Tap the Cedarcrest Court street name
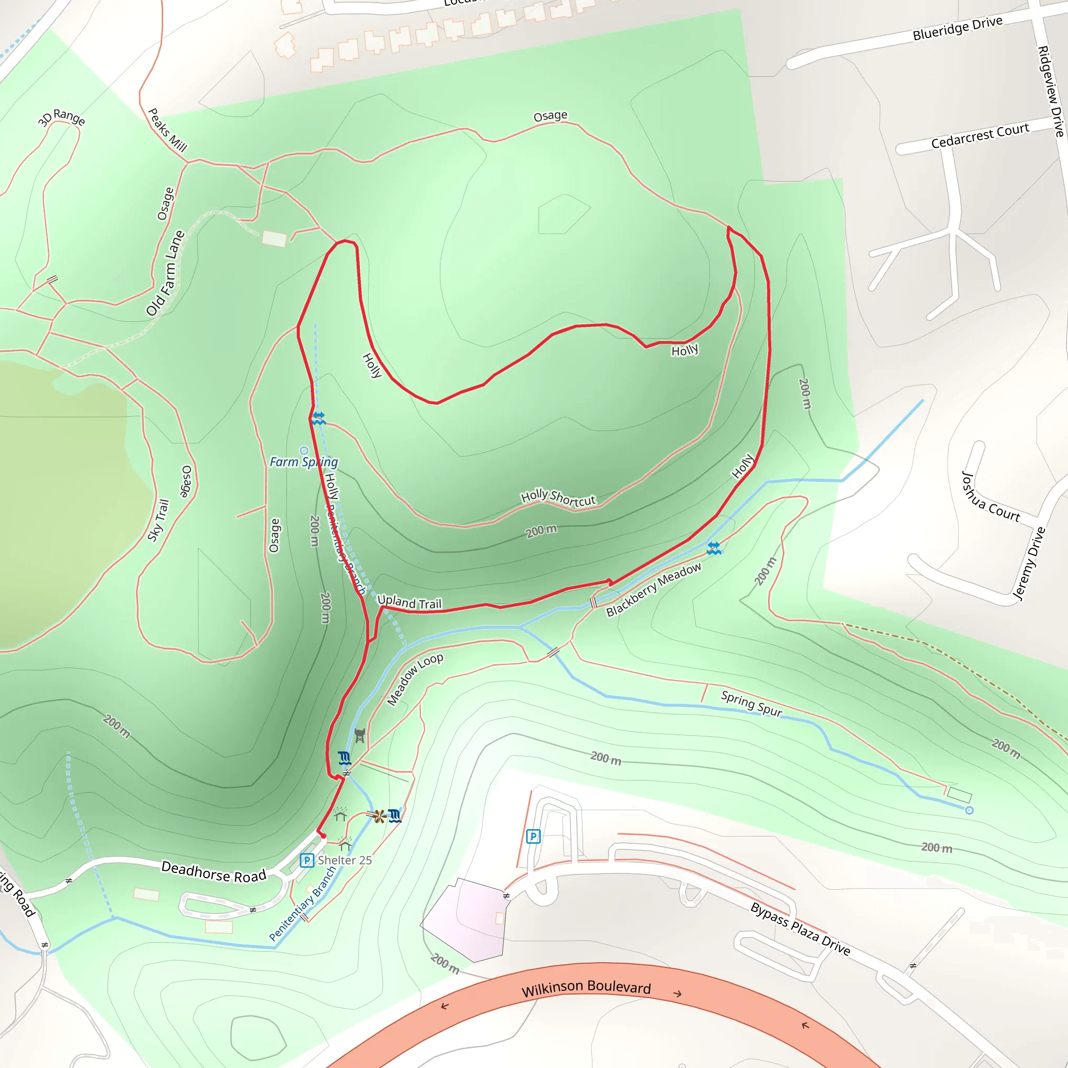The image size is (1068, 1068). (x=979, y=136)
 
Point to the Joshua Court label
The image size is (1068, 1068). (x=991, y=497)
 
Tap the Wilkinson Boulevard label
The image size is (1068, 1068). (x=586, y=988)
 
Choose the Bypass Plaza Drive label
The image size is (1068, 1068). (x=800, y=929)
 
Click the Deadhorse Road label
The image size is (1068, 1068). (x=213, y=872)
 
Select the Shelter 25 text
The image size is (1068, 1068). (x=344, y=860)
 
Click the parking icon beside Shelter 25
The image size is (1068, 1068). (x=307, y=860)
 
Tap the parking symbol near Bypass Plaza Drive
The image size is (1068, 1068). (x=533, y=836)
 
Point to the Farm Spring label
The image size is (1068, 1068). (x=304, y=462)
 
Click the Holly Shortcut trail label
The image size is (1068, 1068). (x=559, y=497)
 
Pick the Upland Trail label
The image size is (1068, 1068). (x=409, y=602)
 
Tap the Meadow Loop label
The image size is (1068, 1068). (x=415, y=679)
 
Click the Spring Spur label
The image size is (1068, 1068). (x=751, y=703)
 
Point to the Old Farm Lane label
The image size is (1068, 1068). (x=165, y=273)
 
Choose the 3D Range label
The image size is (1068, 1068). (x=62, y=117)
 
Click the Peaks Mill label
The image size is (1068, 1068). (x=167, y=130)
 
